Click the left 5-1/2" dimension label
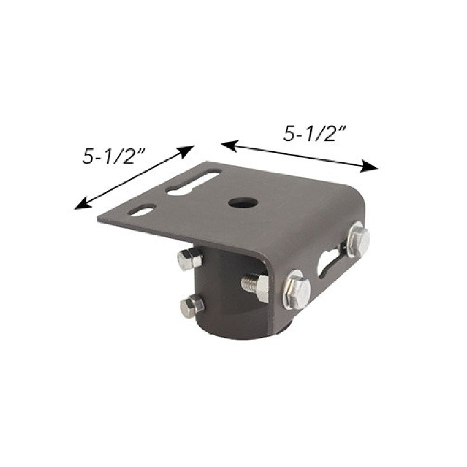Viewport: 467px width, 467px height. pos(114,156)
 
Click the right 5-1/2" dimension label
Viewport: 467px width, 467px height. pos(316,133)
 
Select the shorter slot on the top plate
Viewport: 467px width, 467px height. pos(143,210)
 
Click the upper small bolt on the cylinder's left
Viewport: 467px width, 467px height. pos(190,259)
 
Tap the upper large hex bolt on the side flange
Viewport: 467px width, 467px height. pos(357,240)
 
